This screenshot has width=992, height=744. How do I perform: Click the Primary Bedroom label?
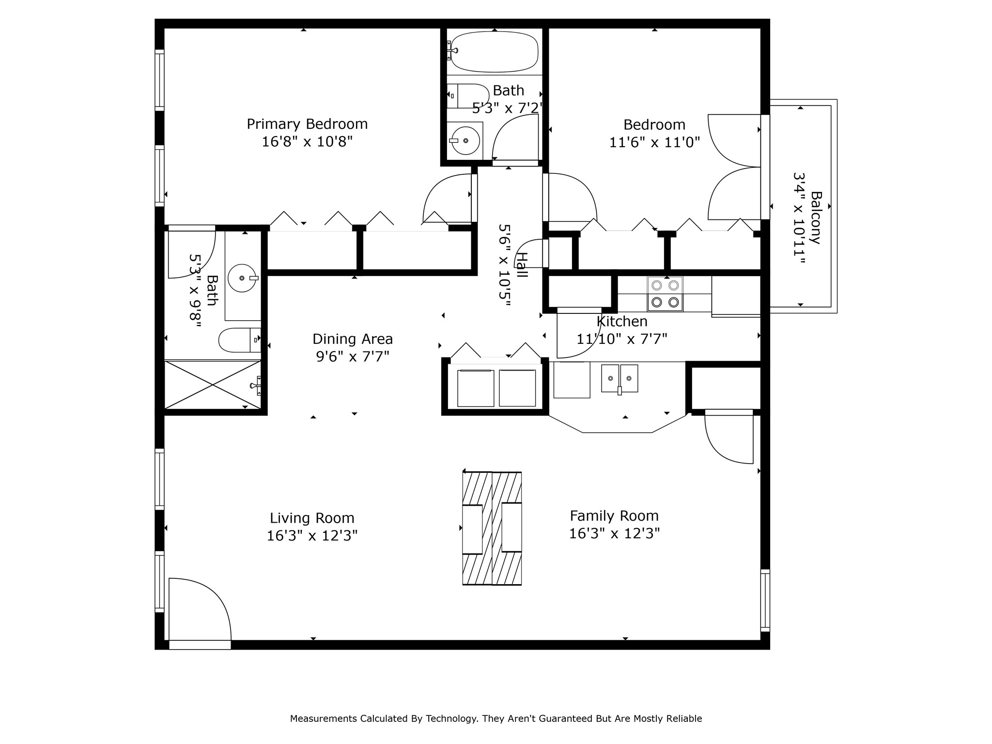[307, 124]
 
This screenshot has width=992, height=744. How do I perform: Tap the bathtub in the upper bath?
[495, 52]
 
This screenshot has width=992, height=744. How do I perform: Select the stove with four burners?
[665, 294]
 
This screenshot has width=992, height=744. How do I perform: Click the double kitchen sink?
[620, 379]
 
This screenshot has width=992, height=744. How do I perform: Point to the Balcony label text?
[816, 217]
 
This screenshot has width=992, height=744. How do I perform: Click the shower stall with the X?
[213, 385]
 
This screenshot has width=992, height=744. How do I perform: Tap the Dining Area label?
[353, 339]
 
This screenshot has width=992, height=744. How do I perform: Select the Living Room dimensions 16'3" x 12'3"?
[312, 536]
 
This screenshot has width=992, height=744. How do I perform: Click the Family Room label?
[614, 516]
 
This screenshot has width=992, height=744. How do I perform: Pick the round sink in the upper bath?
[465, 140]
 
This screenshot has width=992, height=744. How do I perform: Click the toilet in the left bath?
[240, 340]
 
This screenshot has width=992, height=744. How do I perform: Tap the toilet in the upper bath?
[468, 96]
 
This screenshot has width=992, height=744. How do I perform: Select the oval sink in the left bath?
[242, 279]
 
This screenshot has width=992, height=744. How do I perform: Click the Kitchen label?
[622, 322]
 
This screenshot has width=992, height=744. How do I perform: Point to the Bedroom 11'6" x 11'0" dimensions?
[654, 142]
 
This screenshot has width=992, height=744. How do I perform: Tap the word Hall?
[521, 265]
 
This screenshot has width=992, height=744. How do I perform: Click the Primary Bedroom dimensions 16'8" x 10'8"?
[307, 142]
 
